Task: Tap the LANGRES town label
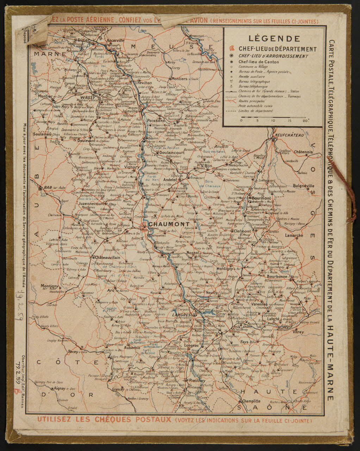tap(182, 314)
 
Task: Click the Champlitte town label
tap(249, 401)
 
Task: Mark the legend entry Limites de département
tap(255, 111)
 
